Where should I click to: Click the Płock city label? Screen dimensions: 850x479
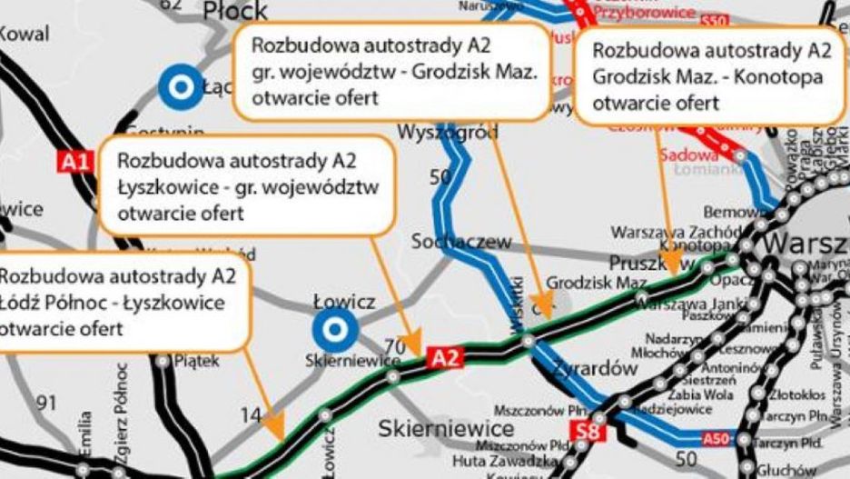coord(236,11)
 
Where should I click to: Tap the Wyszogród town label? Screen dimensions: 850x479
coord(448,133)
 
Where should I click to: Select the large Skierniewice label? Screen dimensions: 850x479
coord(446,427)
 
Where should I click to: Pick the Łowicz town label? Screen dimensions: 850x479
coord(344,301)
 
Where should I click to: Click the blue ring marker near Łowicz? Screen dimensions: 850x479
coord(335,329)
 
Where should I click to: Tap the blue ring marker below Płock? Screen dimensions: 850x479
coord(181,87)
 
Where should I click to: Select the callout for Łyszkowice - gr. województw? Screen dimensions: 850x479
coord(247,187)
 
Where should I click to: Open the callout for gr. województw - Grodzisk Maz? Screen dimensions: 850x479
coord(392,71)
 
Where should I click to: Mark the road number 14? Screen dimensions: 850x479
coord(251,416)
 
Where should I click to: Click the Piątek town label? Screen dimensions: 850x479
coord(194,361)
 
